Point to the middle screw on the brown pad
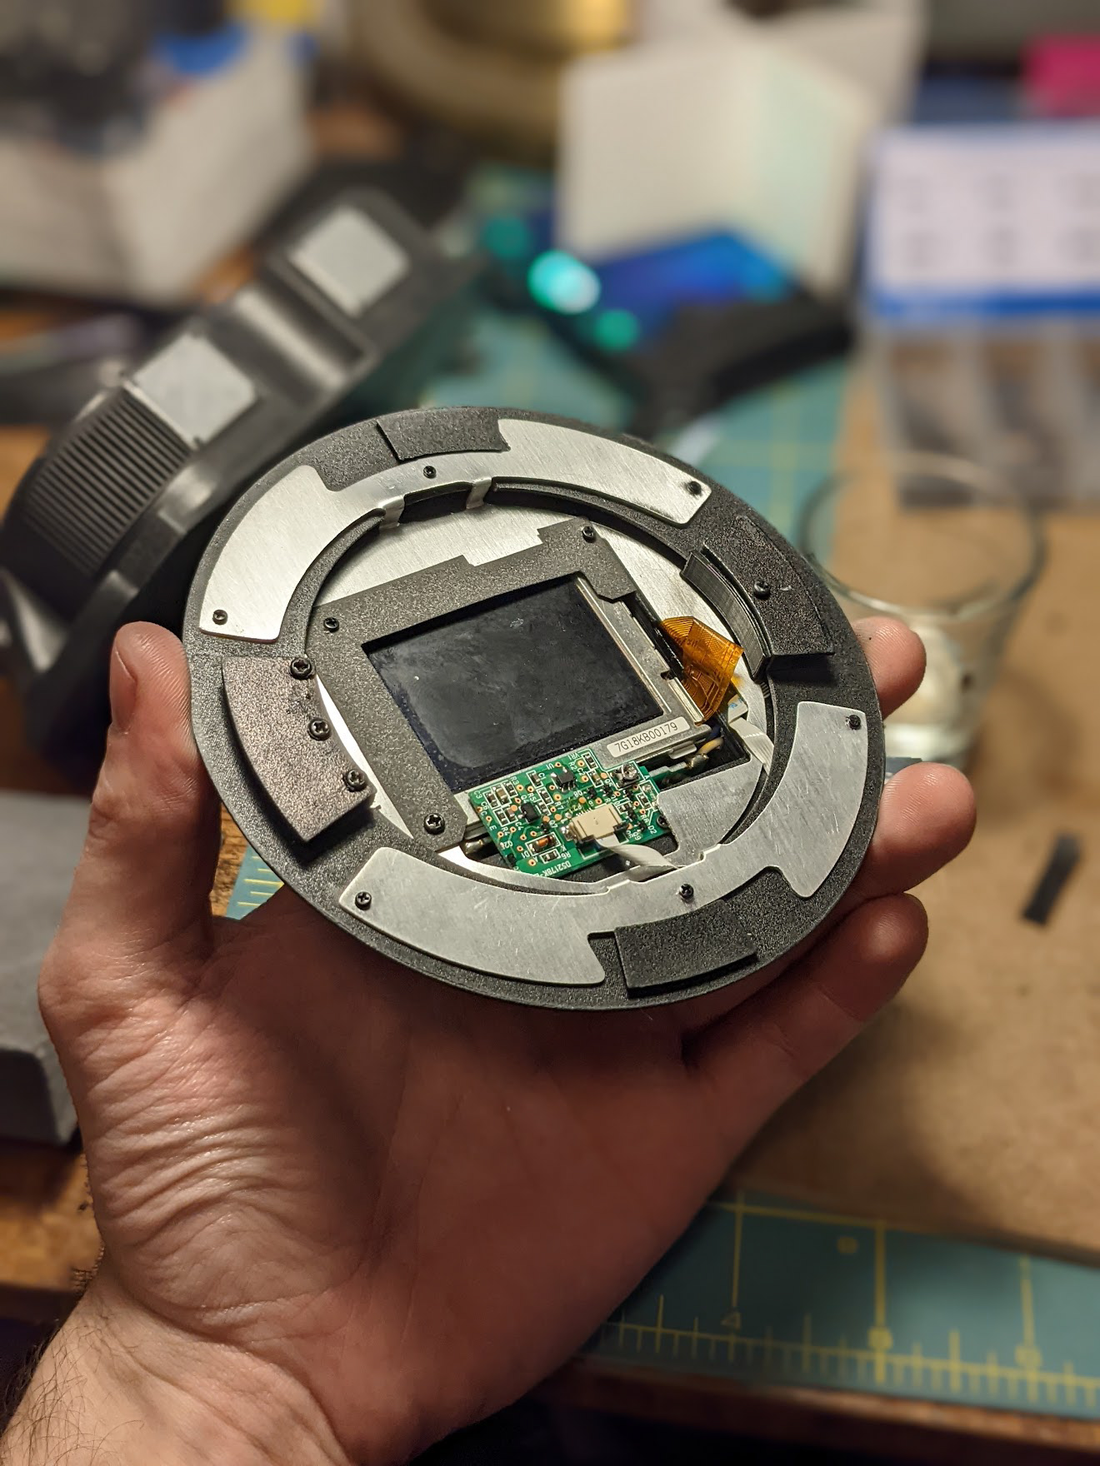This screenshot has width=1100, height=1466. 317,728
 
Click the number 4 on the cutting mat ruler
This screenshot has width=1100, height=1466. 732,1320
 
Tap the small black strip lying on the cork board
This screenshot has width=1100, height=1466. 1052,880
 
